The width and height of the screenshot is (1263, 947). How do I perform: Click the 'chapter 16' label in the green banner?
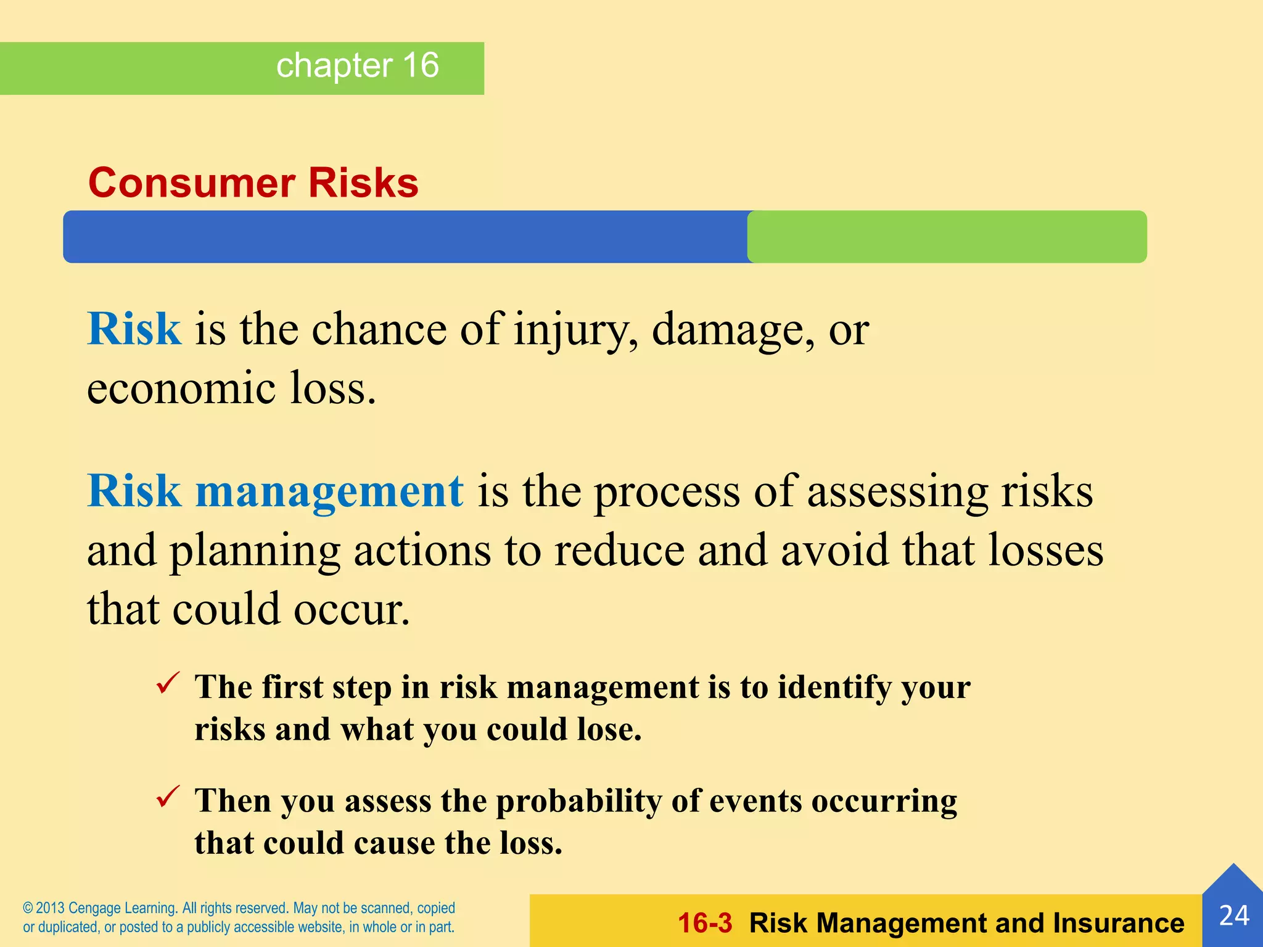point(357,65)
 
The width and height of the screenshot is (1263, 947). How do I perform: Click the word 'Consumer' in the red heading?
point(192,183)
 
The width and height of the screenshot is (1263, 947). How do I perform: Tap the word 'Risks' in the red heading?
point(363,183)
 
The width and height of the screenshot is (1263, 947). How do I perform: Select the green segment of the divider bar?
point(947,237)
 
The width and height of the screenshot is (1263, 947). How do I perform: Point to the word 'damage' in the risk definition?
point(734,330)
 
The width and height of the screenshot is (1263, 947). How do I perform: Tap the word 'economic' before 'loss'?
point(181,388)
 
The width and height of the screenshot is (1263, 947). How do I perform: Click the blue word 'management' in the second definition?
point(329,491)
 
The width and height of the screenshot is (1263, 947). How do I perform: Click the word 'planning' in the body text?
point(255,551)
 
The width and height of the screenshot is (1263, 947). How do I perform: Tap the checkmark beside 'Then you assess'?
point(167,797)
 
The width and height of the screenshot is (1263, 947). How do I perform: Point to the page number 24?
point(1234,916)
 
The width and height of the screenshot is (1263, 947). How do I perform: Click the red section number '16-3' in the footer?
point(704,923)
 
